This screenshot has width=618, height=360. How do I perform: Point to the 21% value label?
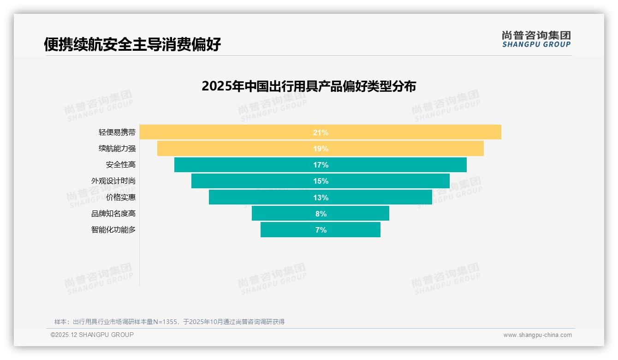pyautogui.click(x=321, y=132)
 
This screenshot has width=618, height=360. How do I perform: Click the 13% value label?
pyautogui.click(x=321, y=198)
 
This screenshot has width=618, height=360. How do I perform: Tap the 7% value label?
pyautogui.click(x=321, y=230)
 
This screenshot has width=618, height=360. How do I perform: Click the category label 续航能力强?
pyautogui.click(x=117, y=149)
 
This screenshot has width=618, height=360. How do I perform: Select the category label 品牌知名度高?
pyautogui.click(x=113, y=214)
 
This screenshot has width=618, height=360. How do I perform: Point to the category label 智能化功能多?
pyautogui.click(x=113, y=229)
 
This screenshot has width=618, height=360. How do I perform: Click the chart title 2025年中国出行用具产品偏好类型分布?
pyautogui.click(x=309, y=86)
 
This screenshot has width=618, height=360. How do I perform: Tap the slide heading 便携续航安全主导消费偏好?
pyautogui.click(x=132, y=44)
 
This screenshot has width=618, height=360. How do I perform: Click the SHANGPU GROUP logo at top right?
pyautogui.click(x=536, y=39)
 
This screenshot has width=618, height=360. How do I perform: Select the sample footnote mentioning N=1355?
pyautogui.click(x=169, y=322)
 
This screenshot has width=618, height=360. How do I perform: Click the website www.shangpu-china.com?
pyautogui.click(x=537, y=335)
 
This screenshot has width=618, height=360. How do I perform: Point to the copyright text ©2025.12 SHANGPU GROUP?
pyautogui.click(x=92, y=335)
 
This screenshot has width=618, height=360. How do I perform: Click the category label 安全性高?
pyautogui.click(x=121, y=165)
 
